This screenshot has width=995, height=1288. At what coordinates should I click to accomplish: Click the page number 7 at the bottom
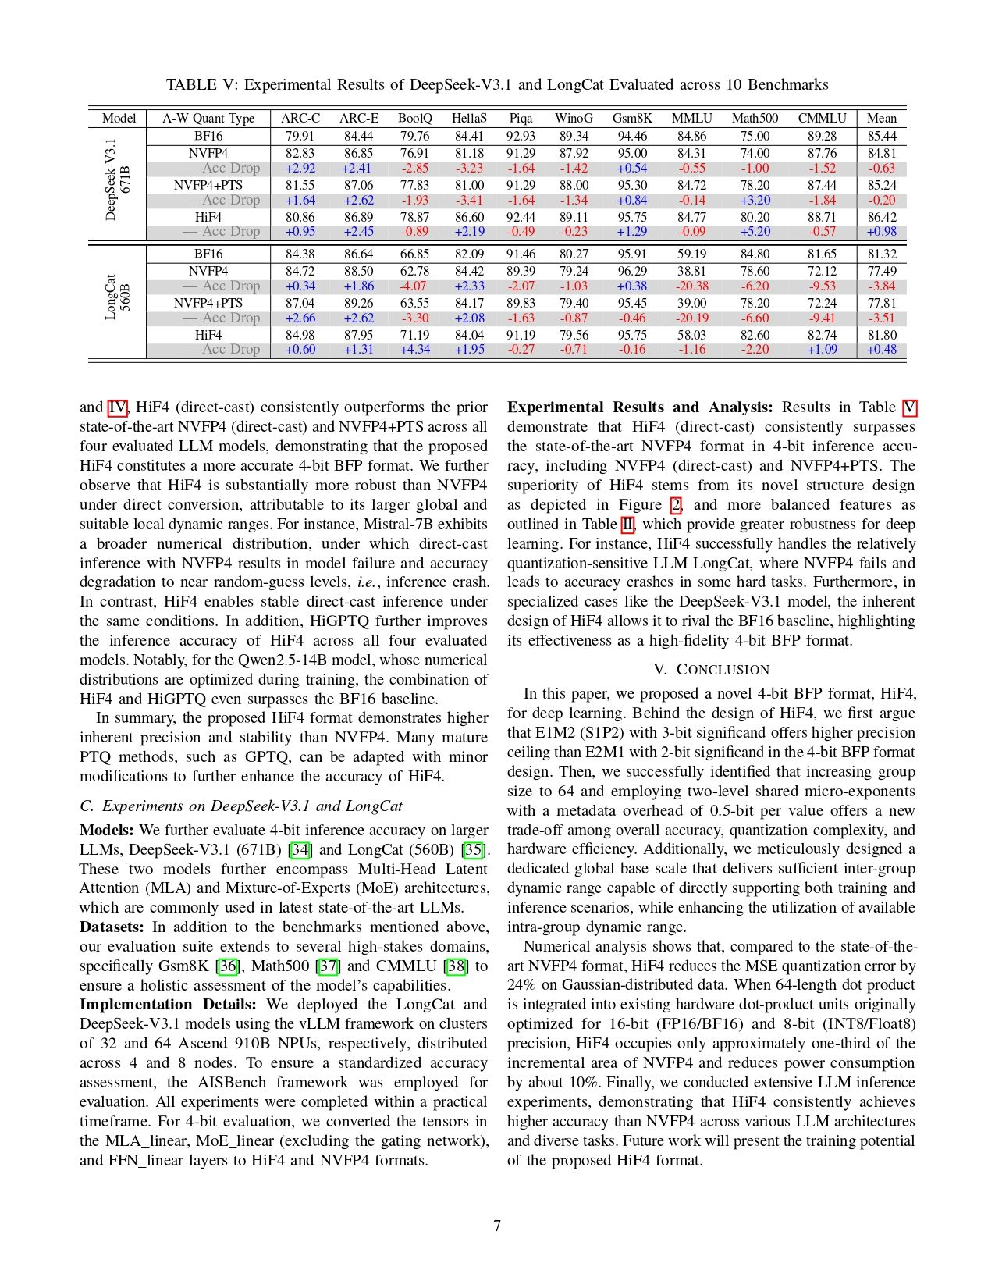[x=497, y=1226]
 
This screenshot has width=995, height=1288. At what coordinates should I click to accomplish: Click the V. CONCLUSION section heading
[x=711, y=669]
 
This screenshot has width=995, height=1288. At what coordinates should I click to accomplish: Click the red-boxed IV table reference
[x=116, y=407]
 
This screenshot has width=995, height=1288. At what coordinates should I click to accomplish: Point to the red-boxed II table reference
[x=627, y=524]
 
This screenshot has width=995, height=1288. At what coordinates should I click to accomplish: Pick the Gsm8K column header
[x=631, y=118]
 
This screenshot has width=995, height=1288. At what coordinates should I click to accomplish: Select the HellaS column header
[x=468, y=118]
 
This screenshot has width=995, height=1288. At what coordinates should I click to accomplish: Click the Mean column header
[x=881, y=118]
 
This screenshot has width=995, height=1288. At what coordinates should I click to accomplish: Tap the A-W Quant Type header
[x=208, y=118]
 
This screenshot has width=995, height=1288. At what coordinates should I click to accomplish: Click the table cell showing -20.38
[x=691, y=286]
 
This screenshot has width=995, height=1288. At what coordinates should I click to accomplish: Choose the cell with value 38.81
[x=691, y=271]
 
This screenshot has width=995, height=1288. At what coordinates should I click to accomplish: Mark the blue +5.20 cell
[x=754, y=231]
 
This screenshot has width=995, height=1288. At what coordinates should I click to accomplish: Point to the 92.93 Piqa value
[x=521, y=136]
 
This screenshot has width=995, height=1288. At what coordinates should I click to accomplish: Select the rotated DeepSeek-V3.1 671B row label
[x=117, y=180]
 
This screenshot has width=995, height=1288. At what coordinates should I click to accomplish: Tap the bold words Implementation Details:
[x=167, y=1004]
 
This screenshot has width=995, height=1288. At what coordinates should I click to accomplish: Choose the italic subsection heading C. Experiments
[x=241, y=806]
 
